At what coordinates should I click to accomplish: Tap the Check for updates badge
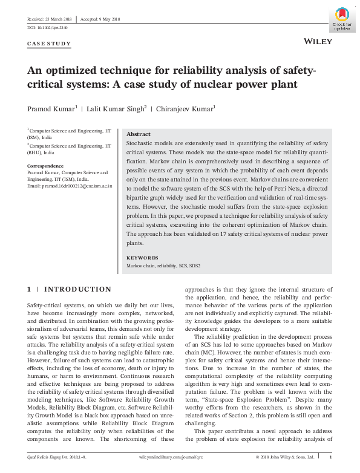(343, 20)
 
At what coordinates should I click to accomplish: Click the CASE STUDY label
(49, 44)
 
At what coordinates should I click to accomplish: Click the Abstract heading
(138, 134)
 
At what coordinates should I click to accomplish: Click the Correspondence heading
(45, 165)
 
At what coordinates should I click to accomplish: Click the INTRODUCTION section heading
(77, 290)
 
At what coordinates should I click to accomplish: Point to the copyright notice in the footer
(284, 457)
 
